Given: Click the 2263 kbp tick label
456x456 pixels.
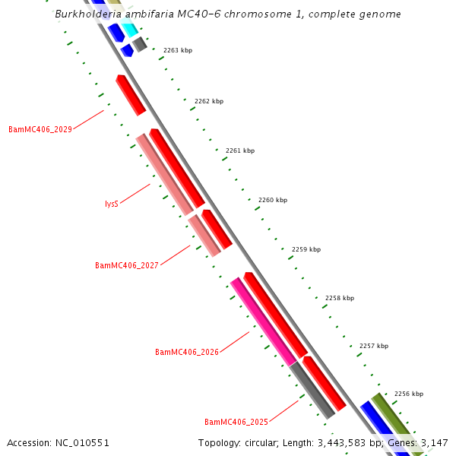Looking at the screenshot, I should pyautogui.click(x=178, y=50).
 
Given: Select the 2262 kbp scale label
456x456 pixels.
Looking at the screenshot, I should pyautogui.click(x=209, y=101).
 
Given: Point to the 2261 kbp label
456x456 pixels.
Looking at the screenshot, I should pyautogui.click(x=240, y=150).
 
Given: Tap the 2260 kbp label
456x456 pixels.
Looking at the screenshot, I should pyautogui.click(x=273, y=200).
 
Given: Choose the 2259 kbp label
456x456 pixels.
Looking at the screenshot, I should pyautogui.click(x=306, y=249).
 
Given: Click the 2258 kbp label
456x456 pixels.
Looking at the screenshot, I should pyautogui.click(x=340, y=299).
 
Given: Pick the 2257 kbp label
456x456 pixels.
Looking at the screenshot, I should pyautogui.click(x=374, y=346).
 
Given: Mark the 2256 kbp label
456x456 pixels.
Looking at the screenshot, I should pyautogui.click(x=409, y=394).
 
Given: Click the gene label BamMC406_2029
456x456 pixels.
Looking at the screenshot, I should pyautogui.click(x=40, y=129).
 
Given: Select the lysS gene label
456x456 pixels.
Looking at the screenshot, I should pyautogui.click(x=112, y=204).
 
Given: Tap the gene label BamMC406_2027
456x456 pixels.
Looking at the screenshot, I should pyautogui.click(x=127, y=266).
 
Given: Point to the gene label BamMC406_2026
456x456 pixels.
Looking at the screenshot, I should pyautogui.click(x=187, y=353).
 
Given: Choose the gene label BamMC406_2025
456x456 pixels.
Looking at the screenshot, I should pyautogui.click(x=236, y=422).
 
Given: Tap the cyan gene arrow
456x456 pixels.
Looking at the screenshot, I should pyautogui.click(x=128, y=30).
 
